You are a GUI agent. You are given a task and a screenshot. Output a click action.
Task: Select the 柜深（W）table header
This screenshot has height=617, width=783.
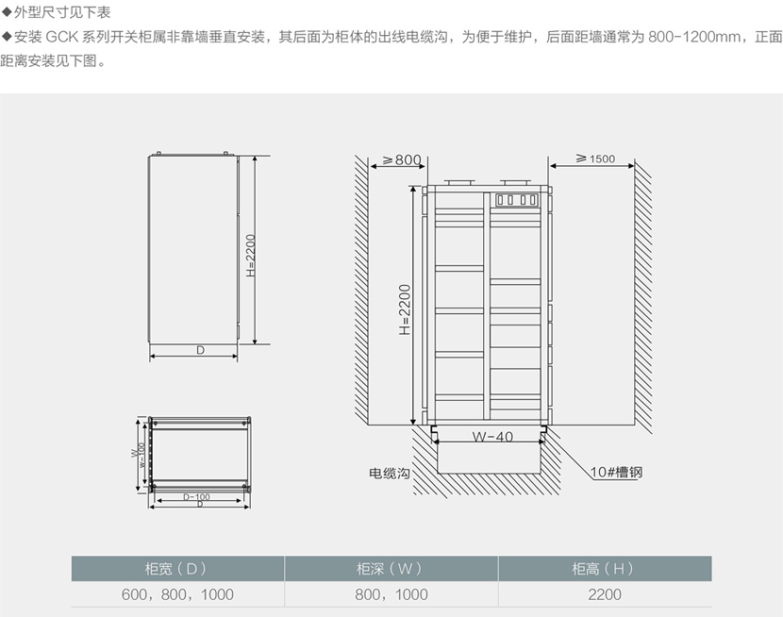click(391, 568)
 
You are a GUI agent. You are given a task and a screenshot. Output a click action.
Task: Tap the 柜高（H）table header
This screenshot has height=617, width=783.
click(604, 568)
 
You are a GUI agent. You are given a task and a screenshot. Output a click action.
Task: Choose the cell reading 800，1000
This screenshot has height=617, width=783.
click(391, 594)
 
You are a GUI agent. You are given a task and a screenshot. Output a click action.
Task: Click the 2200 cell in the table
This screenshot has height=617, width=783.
click(604, 594)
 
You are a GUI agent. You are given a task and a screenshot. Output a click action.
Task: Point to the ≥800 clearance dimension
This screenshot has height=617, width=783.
click(397, 159)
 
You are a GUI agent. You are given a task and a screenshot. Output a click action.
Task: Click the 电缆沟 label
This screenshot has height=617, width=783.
click(389, 472)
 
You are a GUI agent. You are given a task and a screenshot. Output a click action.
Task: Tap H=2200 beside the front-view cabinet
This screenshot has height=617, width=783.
click(404, 310)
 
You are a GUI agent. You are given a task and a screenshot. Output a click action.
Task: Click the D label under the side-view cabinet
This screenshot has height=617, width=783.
click(200, 350)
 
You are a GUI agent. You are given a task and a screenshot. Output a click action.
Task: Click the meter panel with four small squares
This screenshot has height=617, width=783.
click(515, 200)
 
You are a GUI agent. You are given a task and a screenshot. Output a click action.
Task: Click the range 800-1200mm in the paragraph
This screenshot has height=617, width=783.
click(684, 38)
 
